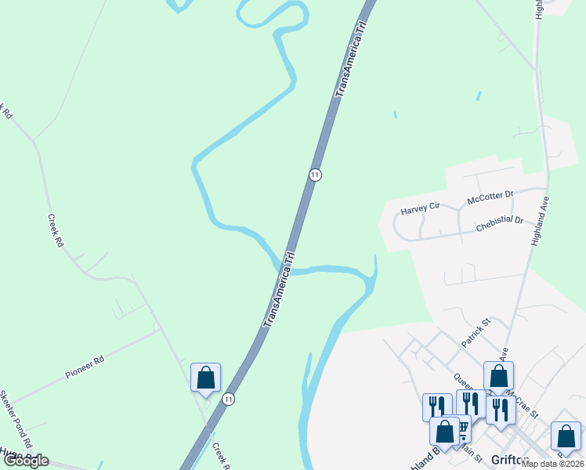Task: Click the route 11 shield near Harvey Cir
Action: pos(314,175)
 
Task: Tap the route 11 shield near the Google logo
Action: pos(228,399)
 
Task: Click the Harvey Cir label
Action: pos(421,209)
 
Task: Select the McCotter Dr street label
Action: pos(490,197)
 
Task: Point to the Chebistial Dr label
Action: pos(499,225)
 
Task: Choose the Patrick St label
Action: pos(475,332)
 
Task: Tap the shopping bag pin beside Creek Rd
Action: pos(205,378)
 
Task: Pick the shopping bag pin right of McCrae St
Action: pos(566,436)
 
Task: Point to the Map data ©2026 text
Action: pos(553,464)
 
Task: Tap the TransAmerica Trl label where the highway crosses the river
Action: pos(278,289)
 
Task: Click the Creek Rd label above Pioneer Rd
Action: pos(55,232)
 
